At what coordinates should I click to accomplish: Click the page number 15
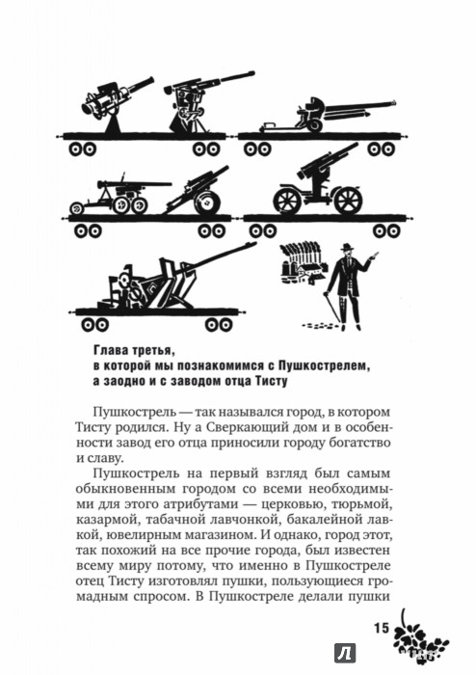pyautogui.click(x=381, y=628)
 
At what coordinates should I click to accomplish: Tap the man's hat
pyautogui.click(x=346, y=247)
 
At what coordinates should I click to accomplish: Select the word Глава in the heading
pyautogui.click(x=108, y=351)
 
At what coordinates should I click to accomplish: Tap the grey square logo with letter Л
pyautogui.click(x=345, y=654)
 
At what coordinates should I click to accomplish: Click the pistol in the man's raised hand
pyautogui.click(x=375, y=255)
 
